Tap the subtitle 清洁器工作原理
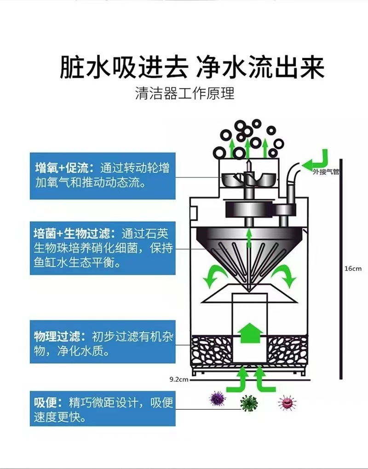[184, 94]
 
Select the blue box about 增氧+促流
[103, 175]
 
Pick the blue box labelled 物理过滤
[103, 342]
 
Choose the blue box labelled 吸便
[103, 409]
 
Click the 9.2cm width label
[179, 379]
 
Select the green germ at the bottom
[249, 403]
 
